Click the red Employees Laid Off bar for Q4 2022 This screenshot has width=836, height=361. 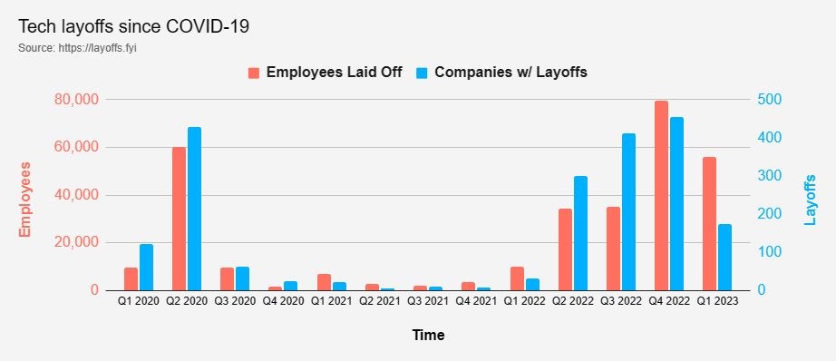[661, 196]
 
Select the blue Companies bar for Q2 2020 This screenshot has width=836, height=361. [195, 209]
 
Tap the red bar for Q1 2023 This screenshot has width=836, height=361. [709, 224]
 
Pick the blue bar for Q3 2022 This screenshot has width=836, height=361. [629, 211]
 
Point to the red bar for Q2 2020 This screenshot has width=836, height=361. [180, 219]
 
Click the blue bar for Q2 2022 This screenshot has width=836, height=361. [580, 233]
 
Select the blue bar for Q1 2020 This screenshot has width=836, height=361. [146, 268]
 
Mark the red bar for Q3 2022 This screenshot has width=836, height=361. [613, 249]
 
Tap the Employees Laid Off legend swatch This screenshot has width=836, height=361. [254, 73]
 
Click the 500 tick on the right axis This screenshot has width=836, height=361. [768, 100]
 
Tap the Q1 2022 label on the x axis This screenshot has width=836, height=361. [525, 301]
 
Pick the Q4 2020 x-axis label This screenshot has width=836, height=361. [283, 301]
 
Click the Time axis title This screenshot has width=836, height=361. [428, 335]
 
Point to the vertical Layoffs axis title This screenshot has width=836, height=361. [810, 200]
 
